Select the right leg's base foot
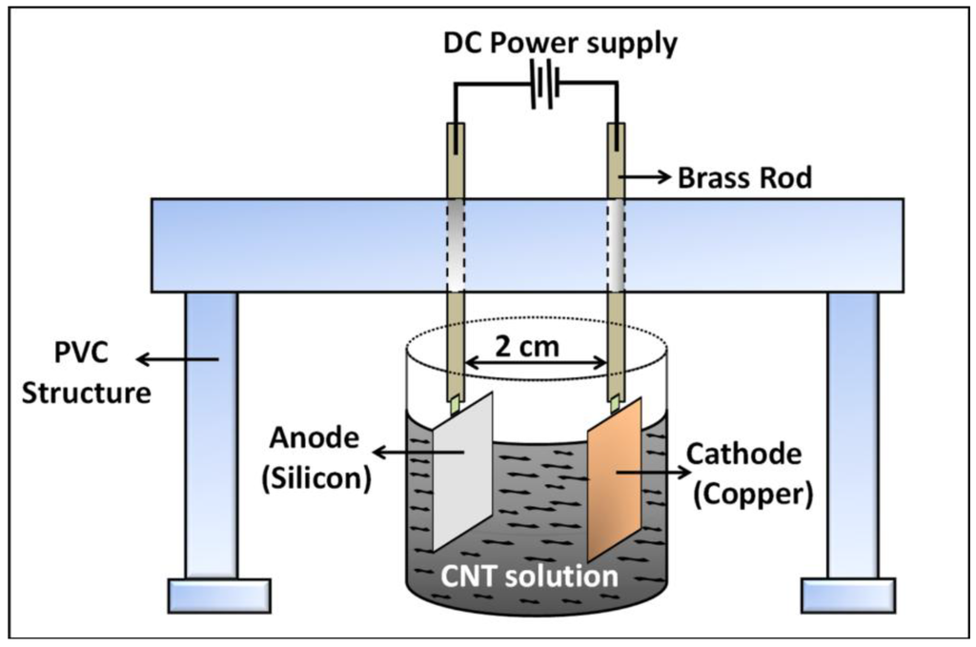(852, 595)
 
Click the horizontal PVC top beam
(528, 244)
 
